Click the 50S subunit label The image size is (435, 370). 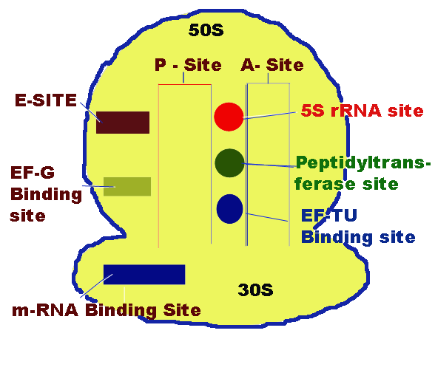coord(206,30)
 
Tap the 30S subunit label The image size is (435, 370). coord(255,290)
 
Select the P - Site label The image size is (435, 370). coord(188,65)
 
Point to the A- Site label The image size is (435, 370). coord(272,65)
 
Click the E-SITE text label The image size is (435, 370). coord(46,100)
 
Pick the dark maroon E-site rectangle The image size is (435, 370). coord(123,123)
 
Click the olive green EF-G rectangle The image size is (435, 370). coord(127,186)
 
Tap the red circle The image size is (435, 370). coord(229,117)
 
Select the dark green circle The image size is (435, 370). coord(229,162)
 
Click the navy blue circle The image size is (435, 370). coord(229,209)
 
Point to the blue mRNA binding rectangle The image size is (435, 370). coord(144,275)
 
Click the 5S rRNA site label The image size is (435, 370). coord(362,111)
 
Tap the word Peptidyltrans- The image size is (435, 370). coord(363,162)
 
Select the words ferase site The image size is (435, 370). coord(346,184)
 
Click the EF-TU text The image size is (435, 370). coord(329,216)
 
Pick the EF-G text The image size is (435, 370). coord(33,173)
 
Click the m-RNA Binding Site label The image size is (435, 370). coord(107,310)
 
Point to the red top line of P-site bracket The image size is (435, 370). coord(185,84)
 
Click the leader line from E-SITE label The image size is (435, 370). coord(91,112)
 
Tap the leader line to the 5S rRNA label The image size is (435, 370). coord(270,115)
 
